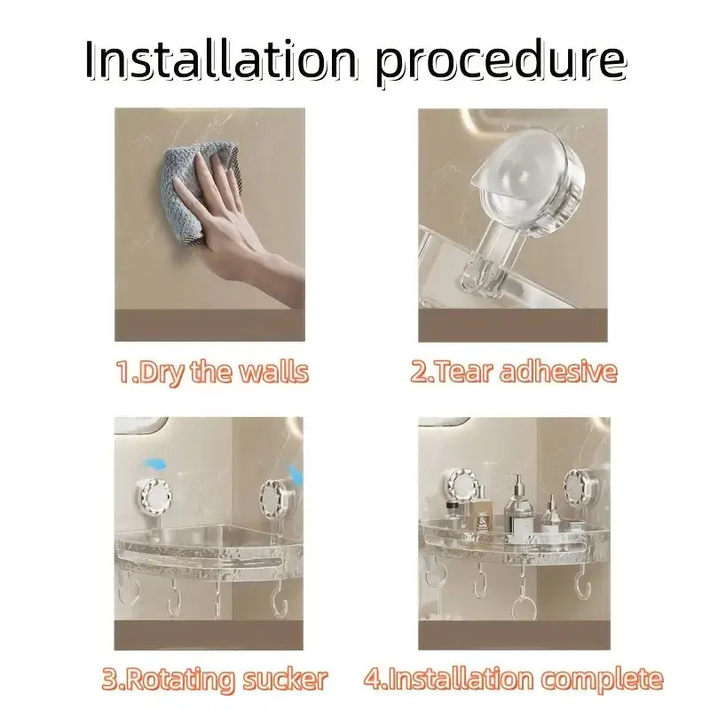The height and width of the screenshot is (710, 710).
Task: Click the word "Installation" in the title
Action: pos(223,60)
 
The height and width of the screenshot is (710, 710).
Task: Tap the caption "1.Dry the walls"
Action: pos(211,372)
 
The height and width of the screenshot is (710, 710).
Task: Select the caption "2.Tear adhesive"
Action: pos(513,372)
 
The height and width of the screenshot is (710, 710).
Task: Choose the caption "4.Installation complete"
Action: pos(513,680)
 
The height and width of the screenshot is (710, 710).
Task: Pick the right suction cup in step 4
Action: pos(579,488)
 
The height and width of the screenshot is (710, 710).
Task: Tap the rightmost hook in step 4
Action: pos(583,587)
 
